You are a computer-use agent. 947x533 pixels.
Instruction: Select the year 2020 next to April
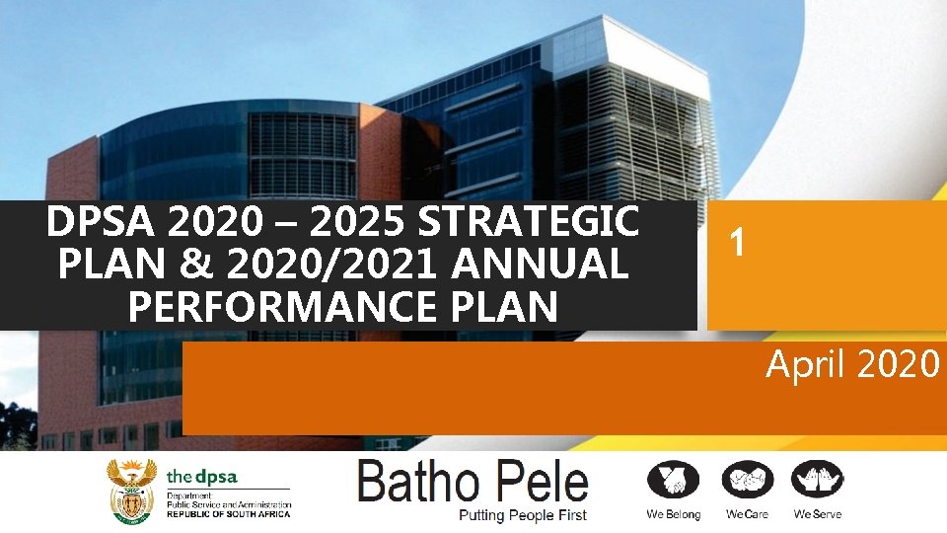tap(899, 365)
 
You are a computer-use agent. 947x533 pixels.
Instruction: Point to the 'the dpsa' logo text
tap(202, 476)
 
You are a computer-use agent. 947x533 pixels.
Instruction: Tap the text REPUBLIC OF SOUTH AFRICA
tap(229, 514)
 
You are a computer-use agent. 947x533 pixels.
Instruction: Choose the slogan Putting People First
tap(523, 515)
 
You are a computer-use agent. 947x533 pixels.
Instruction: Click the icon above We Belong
tap(673, 481)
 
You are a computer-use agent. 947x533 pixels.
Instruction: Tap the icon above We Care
tap(747, 481)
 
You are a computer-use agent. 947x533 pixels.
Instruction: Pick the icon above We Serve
tap(818, 481)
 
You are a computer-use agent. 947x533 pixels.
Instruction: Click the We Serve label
tap(818, 514)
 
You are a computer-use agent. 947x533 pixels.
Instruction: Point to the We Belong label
tap(673, 514)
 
